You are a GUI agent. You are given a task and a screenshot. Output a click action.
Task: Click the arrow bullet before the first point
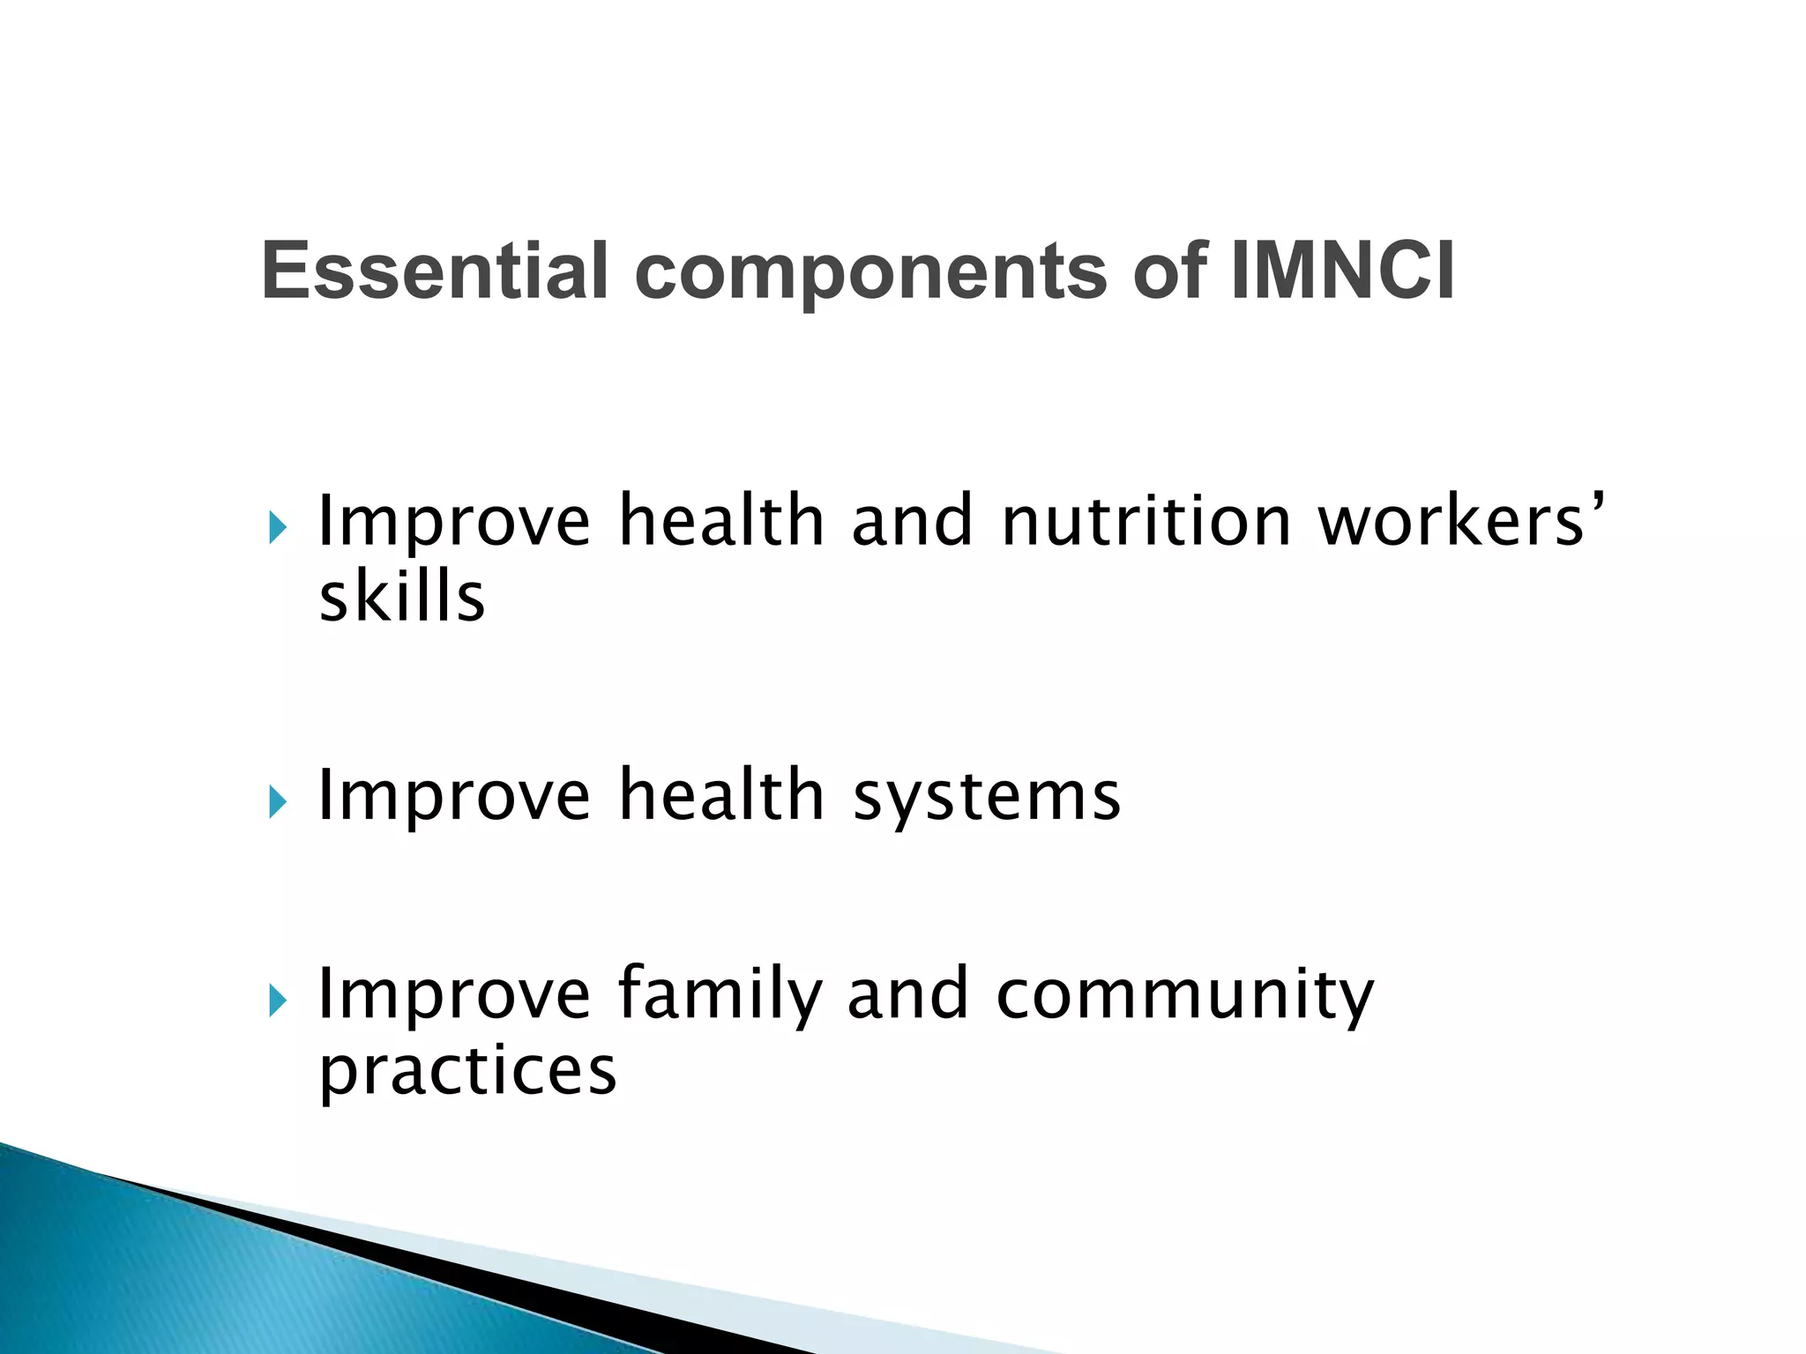278,529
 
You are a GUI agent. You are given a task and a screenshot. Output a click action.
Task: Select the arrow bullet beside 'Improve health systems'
278,802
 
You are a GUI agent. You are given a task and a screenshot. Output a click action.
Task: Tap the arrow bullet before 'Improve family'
278,1001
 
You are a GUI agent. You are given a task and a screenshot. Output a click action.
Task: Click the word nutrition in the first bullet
1146,522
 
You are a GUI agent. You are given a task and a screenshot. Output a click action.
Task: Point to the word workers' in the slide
1459,522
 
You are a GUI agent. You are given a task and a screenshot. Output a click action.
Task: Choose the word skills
401,598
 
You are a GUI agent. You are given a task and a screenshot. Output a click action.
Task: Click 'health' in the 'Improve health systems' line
720,795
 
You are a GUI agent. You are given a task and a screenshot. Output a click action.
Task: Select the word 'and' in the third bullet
907,994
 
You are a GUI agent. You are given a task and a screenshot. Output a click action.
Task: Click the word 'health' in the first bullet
720,522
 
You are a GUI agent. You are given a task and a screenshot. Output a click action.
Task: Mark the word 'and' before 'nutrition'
912,522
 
